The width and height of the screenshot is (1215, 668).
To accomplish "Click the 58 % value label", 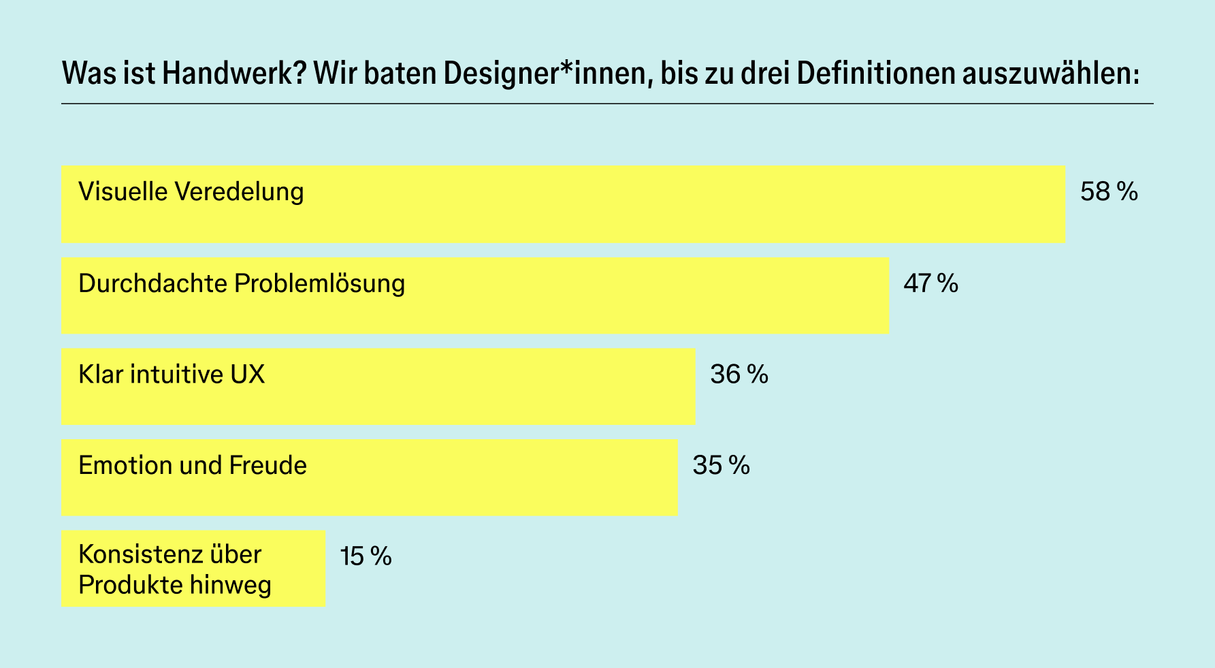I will point(1108,193).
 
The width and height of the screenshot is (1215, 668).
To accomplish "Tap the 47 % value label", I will point(930,283).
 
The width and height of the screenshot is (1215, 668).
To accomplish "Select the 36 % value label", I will point(739,375).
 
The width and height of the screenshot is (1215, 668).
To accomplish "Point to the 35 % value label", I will point(721,466).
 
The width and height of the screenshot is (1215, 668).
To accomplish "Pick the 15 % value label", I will point(366,557).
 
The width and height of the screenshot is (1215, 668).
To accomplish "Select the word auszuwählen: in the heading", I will point(1050,74).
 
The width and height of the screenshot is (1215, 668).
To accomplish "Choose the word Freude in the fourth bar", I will point(268,466).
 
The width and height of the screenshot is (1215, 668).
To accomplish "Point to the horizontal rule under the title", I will point(607,104).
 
